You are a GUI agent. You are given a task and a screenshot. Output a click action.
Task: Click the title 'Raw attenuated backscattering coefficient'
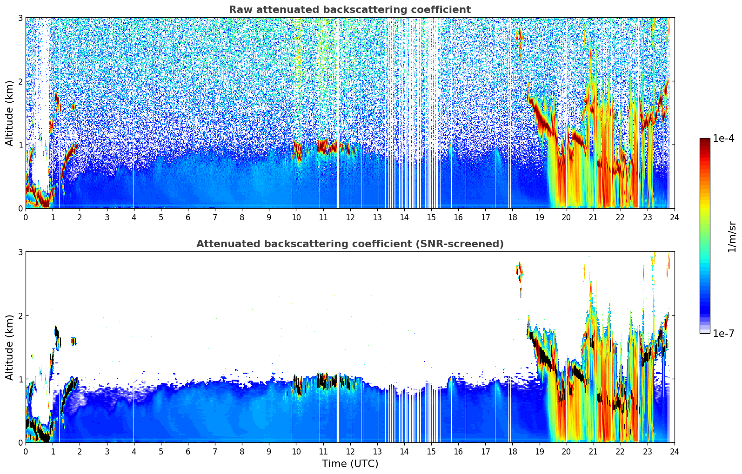click(x=349, y=10)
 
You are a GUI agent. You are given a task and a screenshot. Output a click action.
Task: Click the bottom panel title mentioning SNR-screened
click(x=349, y=244)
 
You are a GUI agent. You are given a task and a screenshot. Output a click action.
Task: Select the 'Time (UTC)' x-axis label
click(x=350, y=464)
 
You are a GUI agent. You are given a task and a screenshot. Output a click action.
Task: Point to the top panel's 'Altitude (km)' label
click(x=9, y=113)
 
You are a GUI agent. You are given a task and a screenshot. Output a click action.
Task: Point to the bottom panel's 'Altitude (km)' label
click(x=9, y=347)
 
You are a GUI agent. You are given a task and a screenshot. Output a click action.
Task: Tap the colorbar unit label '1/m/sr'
click(x=732, y=237)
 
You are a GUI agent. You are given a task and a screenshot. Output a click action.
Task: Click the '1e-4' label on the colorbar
click(x=723, y=138)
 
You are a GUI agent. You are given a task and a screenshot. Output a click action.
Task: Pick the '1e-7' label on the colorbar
click(x=723, y=333)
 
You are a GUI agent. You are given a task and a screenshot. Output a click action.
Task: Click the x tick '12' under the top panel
click(x=350, y=217)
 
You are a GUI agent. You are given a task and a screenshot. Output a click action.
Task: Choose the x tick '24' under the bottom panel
click(x=674, y=451)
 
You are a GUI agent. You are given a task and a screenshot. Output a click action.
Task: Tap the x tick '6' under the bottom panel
click(x=188, y=451)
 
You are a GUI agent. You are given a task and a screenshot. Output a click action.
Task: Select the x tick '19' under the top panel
click(x=539, y=217)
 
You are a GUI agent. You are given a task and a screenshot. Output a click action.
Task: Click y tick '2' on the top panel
click(x=20, y=81)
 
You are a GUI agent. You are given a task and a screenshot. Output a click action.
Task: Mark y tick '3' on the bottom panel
click(x=20, y=252)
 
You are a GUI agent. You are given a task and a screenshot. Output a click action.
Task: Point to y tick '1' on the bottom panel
click(x=20, y=379)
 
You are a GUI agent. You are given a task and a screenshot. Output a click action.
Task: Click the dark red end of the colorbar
click(x=704, y=140)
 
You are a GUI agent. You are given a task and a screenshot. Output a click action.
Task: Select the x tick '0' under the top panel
click(x=26, y=217)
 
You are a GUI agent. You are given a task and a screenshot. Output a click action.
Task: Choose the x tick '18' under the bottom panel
click(x=512, y=451)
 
